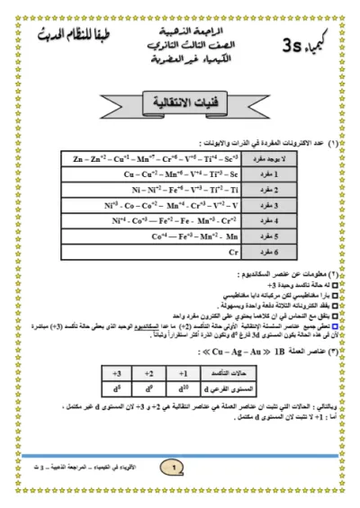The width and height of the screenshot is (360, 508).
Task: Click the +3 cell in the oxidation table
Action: (116, 372)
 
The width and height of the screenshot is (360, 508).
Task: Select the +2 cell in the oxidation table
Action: (149, 372)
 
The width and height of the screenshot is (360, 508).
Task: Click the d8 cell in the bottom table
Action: (116, 389)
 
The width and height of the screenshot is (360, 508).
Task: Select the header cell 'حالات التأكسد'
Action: (230, 372)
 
